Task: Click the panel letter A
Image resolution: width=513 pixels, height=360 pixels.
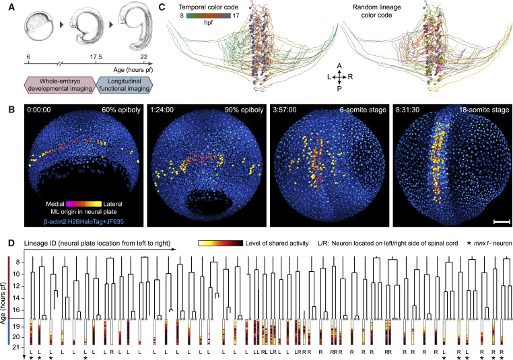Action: click(x=11, y=7)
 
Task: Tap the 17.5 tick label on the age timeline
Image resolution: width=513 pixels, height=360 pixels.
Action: click(x=96, y=57)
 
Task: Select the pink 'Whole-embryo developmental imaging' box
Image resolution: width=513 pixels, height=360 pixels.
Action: click(x=60, y=85)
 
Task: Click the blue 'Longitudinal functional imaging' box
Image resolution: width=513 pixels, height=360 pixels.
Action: click(x=125, y=85)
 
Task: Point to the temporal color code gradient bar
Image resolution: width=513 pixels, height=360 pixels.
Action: click(x=209, y=15)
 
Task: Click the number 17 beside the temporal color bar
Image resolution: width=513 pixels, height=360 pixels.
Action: click(x=236, y=15)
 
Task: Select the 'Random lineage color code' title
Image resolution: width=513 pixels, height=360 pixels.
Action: click(x=376, y=11)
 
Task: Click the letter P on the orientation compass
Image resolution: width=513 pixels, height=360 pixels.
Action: click(x=339, y=89)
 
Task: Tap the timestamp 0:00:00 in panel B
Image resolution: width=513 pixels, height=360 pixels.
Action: click(x=39, y=110)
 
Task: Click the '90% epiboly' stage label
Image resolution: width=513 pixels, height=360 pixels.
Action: click(x=244, y=110)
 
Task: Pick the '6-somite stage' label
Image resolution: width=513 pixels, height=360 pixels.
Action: click(x=363, y=110)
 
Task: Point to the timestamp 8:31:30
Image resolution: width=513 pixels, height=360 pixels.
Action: click(x=408, y=110)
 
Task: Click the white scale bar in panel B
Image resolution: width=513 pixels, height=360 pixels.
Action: click(x=502, y=222)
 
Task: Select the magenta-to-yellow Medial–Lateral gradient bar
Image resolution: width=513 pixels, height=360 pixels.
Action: click(x=83, y=204)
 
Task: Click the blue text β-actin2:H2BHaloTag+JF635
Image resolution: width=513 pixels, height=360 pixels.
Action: click(x=83, y=221)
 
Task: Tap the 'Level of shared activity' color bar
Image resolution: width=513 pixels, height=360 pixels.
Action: click(x=221, y=244)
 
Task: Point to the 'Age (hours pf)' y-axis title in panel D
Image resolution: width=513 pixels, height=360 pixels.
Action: click(x=4, y=303)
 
